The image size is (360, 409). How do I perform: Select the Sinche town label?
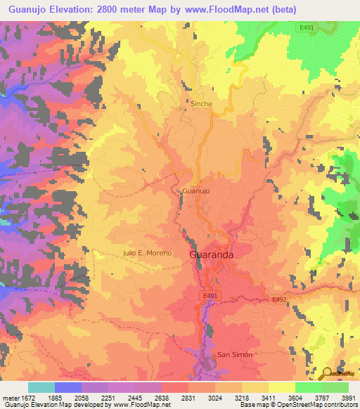click(x=201, y=103)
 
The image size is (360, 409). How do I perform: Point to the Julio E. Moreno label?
click(x=147, y=252)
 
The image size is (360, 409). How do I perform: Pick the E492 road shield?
click(x=279, y=299)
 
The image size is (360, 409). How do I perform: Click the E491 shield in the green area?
click(x=306, y=27)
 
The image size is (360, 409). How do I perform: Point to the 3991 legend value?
click(x=348, y=398)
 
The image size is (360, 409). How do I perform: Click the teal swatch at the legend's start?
click(x=41, y=387)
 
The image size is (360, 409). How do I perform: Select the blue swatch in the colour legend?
click(x=68, y=387)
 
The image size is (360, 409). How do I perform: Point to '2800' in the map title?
click(x=106, y=9)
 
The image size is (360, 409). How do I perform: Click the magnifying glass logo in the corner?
click(x=327, y=374)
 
